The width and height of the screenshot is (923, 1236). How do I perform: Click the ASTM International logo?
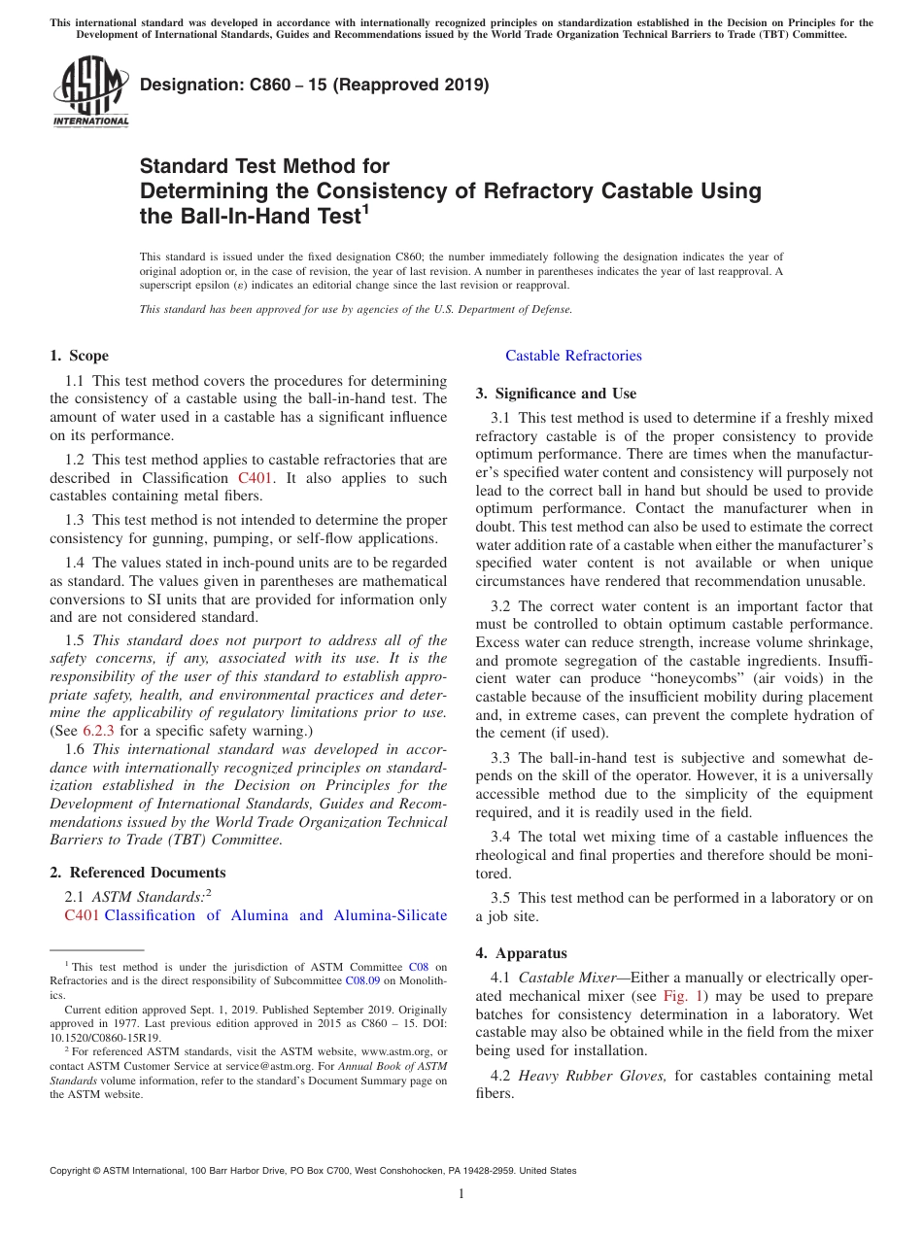[89, 92]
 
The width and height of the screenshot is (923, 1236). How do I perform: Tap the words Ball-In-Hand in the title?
[251, 217]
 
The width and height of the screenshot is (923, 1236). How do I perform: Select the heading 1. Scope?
[80, 356]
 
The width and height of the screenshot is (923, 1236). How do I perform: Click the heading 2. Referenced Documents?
[138, 873]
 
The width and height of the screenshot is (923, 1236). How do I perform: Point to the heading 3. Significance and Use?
[556, 394]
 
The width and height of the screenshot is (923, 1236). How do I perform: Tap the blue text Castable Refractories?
[573, 356]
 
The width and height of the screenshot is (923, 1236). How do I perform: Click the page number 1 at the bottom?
[461, 1194]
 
